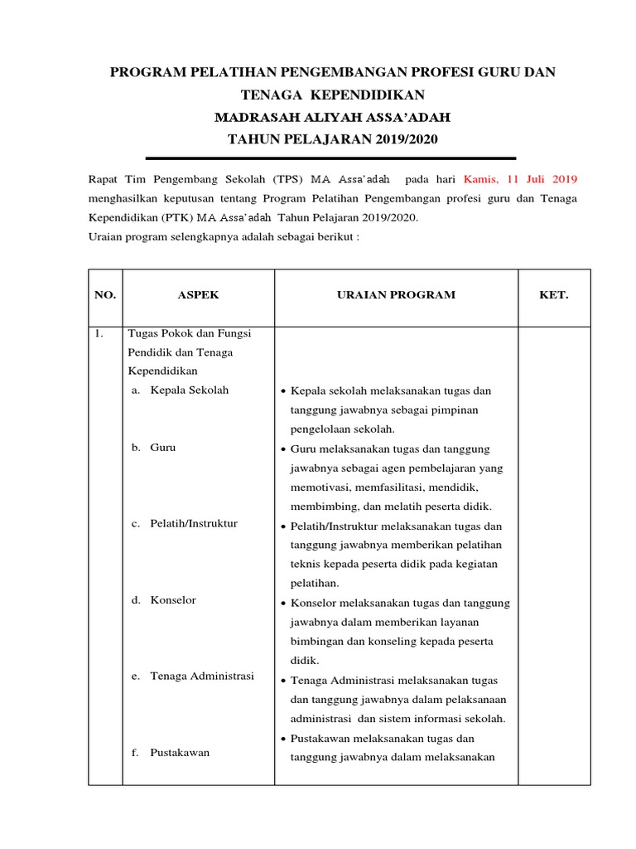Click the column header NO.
[x=105, y=295]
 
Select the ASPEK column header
[x=199, y=295]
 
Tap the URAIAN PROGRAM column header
[x=389, y=295]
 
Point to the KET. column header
[x=554, y=295]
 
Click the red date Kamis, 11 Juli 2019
[x=520, y=179]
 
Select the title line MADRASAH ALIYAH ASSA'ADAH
[x=332, y=116]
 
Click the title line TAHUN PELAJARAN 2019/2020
[x=332, y=138]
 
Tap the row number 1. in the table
[x=99, y=333]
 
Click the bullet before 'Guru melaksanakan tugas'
[x=283, y=449]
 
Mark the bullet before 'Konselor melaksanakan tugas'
[x=283, y=603]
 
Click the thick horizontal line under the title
[x=330, y=158]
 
